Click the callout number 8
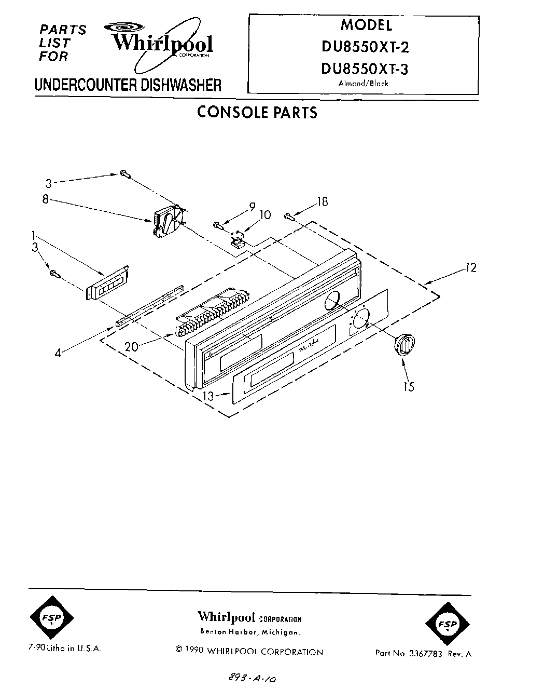point(46,199)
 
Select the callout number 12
point(470,268)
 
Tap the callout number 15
point(409,387)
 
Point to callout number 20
point(132,346)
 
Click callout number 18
point(322,201)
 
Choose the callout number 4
point(59,353)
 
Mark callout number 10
point(265,214)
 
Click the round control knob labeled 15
point(404,344)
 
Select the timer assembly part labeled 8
point(168,220)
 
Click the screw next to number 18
point(289,216)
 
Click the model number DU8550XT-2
point(366,47)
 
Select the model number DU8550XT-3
point(366,69)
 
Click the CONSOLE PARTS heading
point(257,113)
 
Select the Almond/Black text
point(363,84)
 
